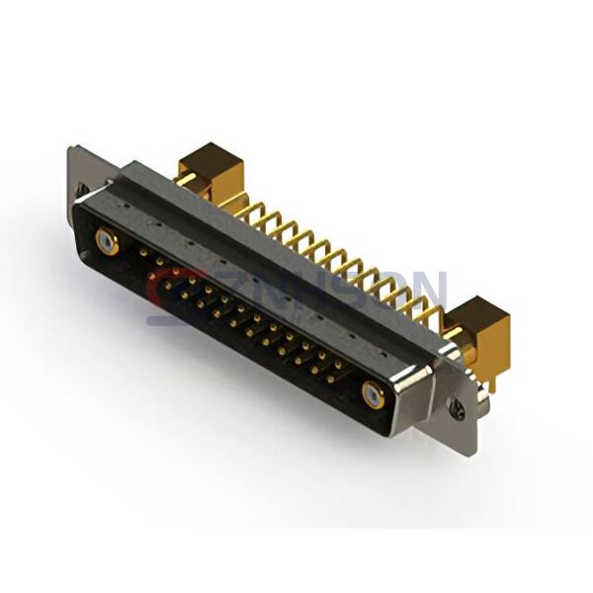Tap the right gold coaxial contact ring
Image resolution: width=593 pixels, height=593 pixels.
(373, 395)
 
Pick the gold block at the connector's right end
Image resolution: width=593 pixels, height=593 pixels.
(482, 326)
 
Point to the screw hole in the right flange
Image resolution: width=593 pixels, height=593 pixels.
(456, 405)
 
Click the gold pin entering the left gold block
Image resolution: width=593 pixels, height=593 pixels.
(184, 178)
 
